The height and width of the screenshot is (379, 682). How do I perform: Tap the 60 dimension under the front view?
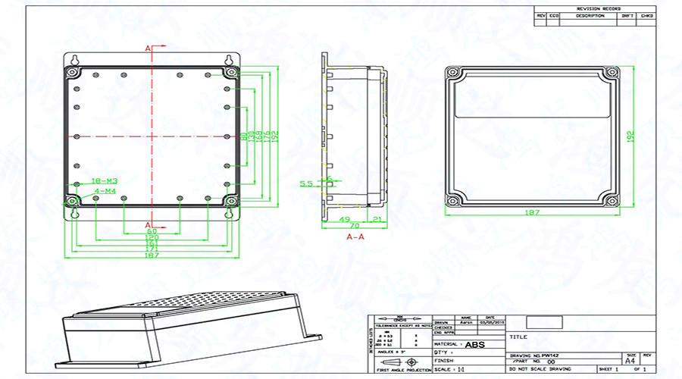152,230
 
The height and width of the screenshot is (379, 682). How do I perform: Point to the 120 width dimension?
152,237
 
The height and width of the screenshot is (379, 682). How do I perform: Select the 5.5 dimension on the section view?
307,183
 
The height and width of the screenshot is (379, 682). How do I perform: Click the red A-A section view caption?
355,237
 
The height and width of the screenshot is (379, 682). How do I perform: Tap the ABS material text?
475,345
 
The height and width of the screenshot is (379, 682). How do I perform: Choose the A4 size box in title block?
630,362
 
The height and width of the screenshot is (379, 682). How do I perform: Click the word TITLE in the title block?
518,337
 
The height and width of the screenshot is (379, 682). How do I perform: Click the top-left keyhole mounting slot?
74,60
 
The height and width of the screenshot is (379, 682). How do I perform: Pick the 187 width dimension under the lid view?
532,213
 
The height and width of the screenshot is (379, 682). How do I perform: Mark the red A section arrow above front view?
149,49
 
